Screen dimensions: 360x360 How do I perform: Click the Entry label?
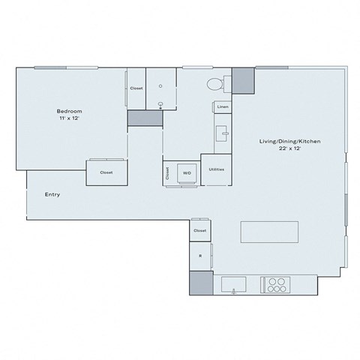(52, 195)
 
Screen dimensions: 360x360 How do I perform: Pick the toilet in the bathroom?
(214, 83)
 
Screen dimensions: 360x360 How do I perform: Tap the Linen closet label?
(223, 107)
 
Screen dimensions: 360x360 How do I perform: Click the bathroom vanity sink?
(222, 135)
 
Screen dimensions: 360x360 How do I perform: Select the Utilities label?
(217, 169)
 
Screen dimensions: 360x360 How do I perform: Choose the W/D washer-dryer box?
(186, 172)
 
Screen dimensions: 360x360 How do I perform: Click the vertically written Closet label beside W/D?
(167, 172)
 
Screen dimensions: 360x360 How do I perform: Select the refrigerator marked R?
(200, 256)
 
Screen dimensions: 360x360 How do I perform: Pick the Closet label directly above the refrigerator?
(200, 230)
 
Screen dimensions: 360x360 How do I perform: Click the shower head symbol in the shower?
(160, 105)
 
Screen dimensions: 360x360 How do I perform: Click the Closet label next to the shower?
(136, 88)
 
